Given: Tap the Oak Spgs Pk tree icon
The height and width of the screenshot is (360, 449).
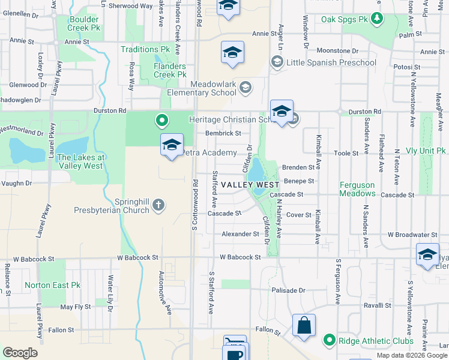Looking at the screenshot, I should pyautogui.click(x=376, y=19).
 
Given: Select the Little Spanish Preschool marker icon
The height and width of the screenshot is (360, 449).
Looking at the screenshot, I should pyautogui.click(x=277, y=61).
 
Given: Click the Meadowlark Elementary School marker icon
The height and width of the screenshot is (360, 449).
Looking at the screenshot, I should pyautogui.click(x=245, y=88).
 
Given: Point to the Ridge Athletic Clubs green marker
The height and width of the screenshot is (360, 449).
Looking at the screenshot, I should pyautogui.click(x=329, y=341).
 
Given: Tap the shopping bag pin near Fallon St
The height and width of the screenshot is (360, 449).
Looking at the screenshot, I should pyautogui.click(x=304, y=326).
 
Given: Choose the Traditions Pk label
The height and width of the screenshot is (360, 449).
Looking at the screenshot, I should pyautogui.click(x=146, y=49).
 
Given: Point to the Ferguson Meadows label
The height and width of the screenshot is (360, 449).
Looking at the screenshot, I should pyautogui.click(x=357, y=190).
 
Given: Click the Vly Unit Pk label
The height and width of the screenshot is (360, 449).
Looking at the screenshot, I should pyautogui.click(x=425, y=151).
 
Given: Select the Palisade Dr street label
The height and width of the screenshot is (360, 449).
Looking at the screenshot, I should pyautogui.click(x=288, y=290).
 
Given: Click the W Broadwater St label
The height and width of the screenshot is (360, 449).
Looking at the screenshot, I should pyautogui.click(x=412, y=235).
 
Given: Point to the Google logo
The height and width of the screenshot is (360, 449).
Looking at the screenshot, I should pyautogui.click(x=20, y=353).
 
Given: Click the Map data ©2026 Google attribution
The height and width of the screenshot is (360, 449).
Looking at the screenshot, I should pyautogui.click(x=411, y=355).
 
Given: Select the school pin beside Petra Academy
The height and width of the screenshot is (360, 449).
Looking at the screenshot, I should pyautogui.click(x=172, y=145).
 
